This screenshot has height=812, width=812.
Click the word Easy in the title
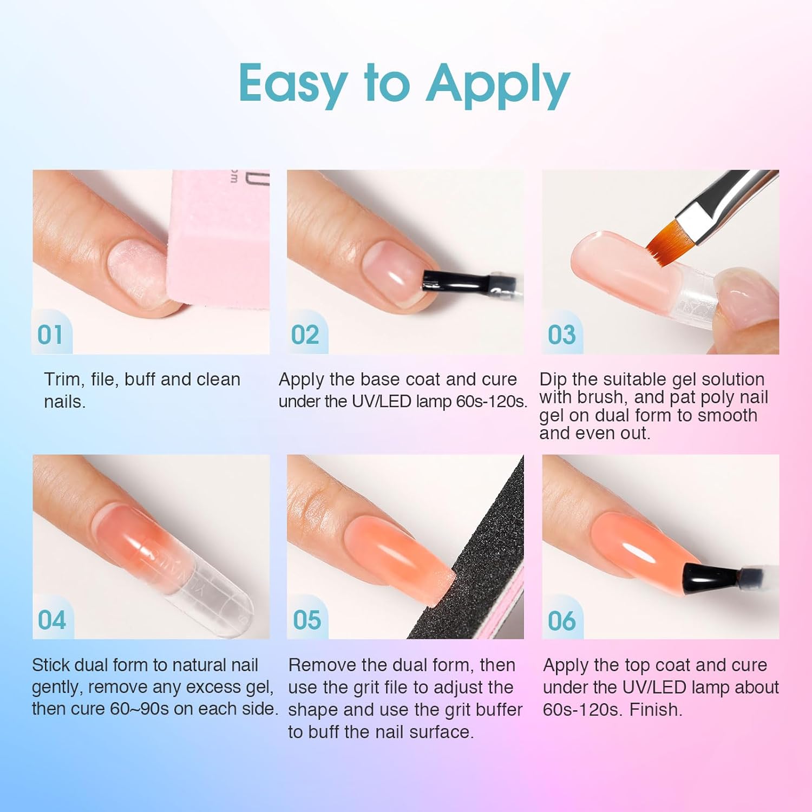(293, 84)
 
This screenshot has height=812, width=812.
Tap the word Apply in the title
(497, 84)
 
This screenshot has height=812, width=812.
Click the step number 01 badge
(50, 335)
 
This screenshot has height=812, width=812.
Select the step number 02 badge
(305, 335)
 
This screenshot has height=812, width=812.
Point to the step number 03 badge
(561, 335)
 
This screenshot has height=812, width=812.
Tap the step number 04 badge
(51, 620)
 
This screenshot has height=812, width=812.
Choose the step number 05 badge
(307, 620)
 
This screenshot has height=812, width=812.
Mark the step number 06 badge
(561, 620)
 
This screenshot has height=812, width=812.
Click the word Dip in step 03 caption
(553, 379)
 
